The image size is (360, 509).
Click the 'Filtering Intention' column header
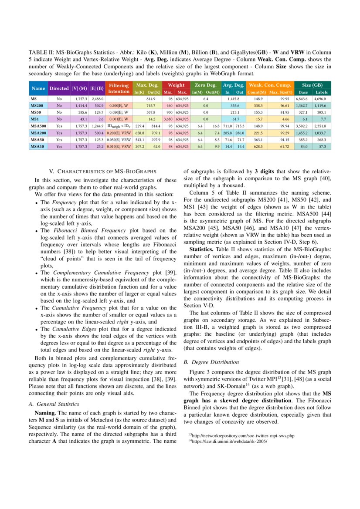click(x=119, y=88)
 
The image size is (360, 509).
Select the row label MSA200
click(x=38, y=132)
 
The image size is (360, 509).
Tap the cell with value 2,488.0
click(x=97, y=99)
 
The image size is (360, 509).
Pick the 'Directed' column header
click(x=59, y=88)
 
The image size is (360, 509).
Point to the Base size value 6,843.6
click(x=302, y=99)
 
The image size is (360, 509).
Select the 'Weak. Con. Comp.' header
click(x=270, y=85)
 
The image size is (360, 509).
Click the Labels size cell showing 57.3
click(x=323, y=147)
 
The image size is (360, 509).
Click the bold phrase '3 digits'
click(x=264, y=172)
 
